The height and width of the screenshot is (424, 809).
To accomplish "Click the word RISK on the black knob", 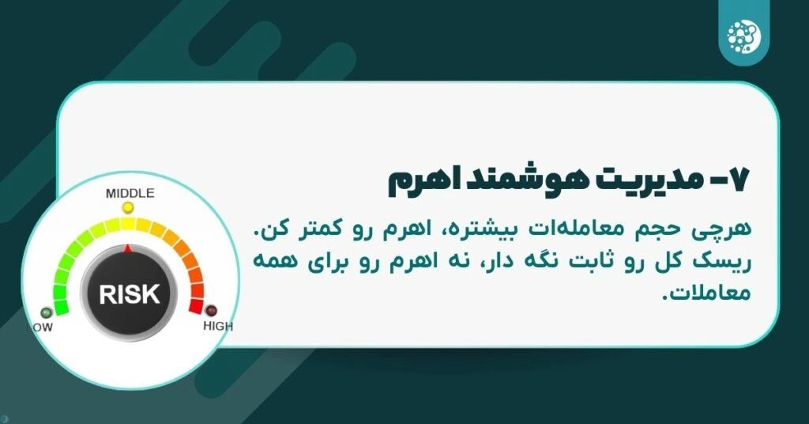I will [130, 293].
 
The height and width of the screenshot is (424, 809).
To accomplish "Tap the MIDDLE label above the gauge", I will [130, 193].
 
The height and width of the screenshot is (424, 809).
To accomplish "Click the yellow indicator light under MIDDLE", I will [128, 207].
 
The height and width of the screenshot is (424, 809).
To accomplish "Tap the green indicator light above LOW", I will [47, 312].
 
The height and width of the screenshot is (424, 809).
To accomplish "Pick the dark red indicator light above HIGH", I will [211, 311].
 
